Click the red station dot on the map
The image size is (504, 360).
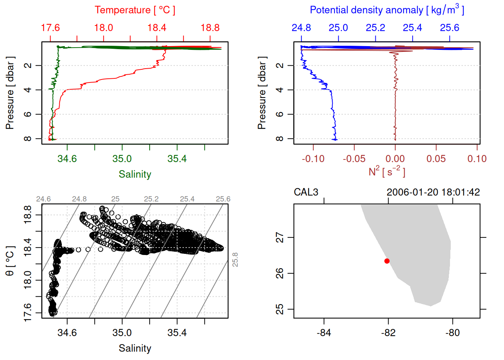coord(387,261)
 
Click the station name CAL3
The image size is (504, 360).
coord(306,192)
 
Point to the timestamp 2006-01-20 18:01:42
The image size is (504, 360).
coord(433,192)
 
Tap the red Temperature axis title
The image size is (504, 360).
coord(135,10)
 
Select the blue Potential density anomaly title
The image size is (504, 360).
coord(387,10)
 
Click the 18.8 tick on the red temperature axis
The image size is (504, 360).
coord(210,28)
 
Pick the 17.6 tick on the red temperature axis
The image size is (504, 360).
coord(50,28)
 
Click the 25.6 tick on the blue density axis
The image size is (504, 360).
coord(450,28)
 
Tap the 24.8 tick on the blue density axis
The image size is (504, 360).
coord(301,28)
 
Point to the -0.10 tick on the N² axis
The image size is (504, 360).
coord(313,159)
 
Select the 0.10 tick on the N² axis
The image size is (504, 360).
coord(477,159)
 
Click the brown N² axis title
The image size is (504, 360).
coord(387,172)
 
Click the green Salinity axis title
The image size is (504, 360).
coord(135,174)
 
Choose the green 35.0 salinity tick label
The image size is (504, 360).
coord(122,159)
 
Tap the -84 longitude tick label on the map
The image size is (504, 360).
coord(324,333)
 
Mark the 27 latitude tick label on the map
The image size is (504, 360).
coord(280,237)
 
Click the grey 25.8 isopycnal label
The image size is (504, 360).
coord(235,259)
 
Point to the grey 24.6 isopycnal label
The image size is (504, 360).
coord(43,199)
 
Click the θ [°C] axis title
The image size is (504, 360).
coord(10,261)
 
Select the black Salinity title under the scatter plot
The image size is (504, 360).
coord(135,348)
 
